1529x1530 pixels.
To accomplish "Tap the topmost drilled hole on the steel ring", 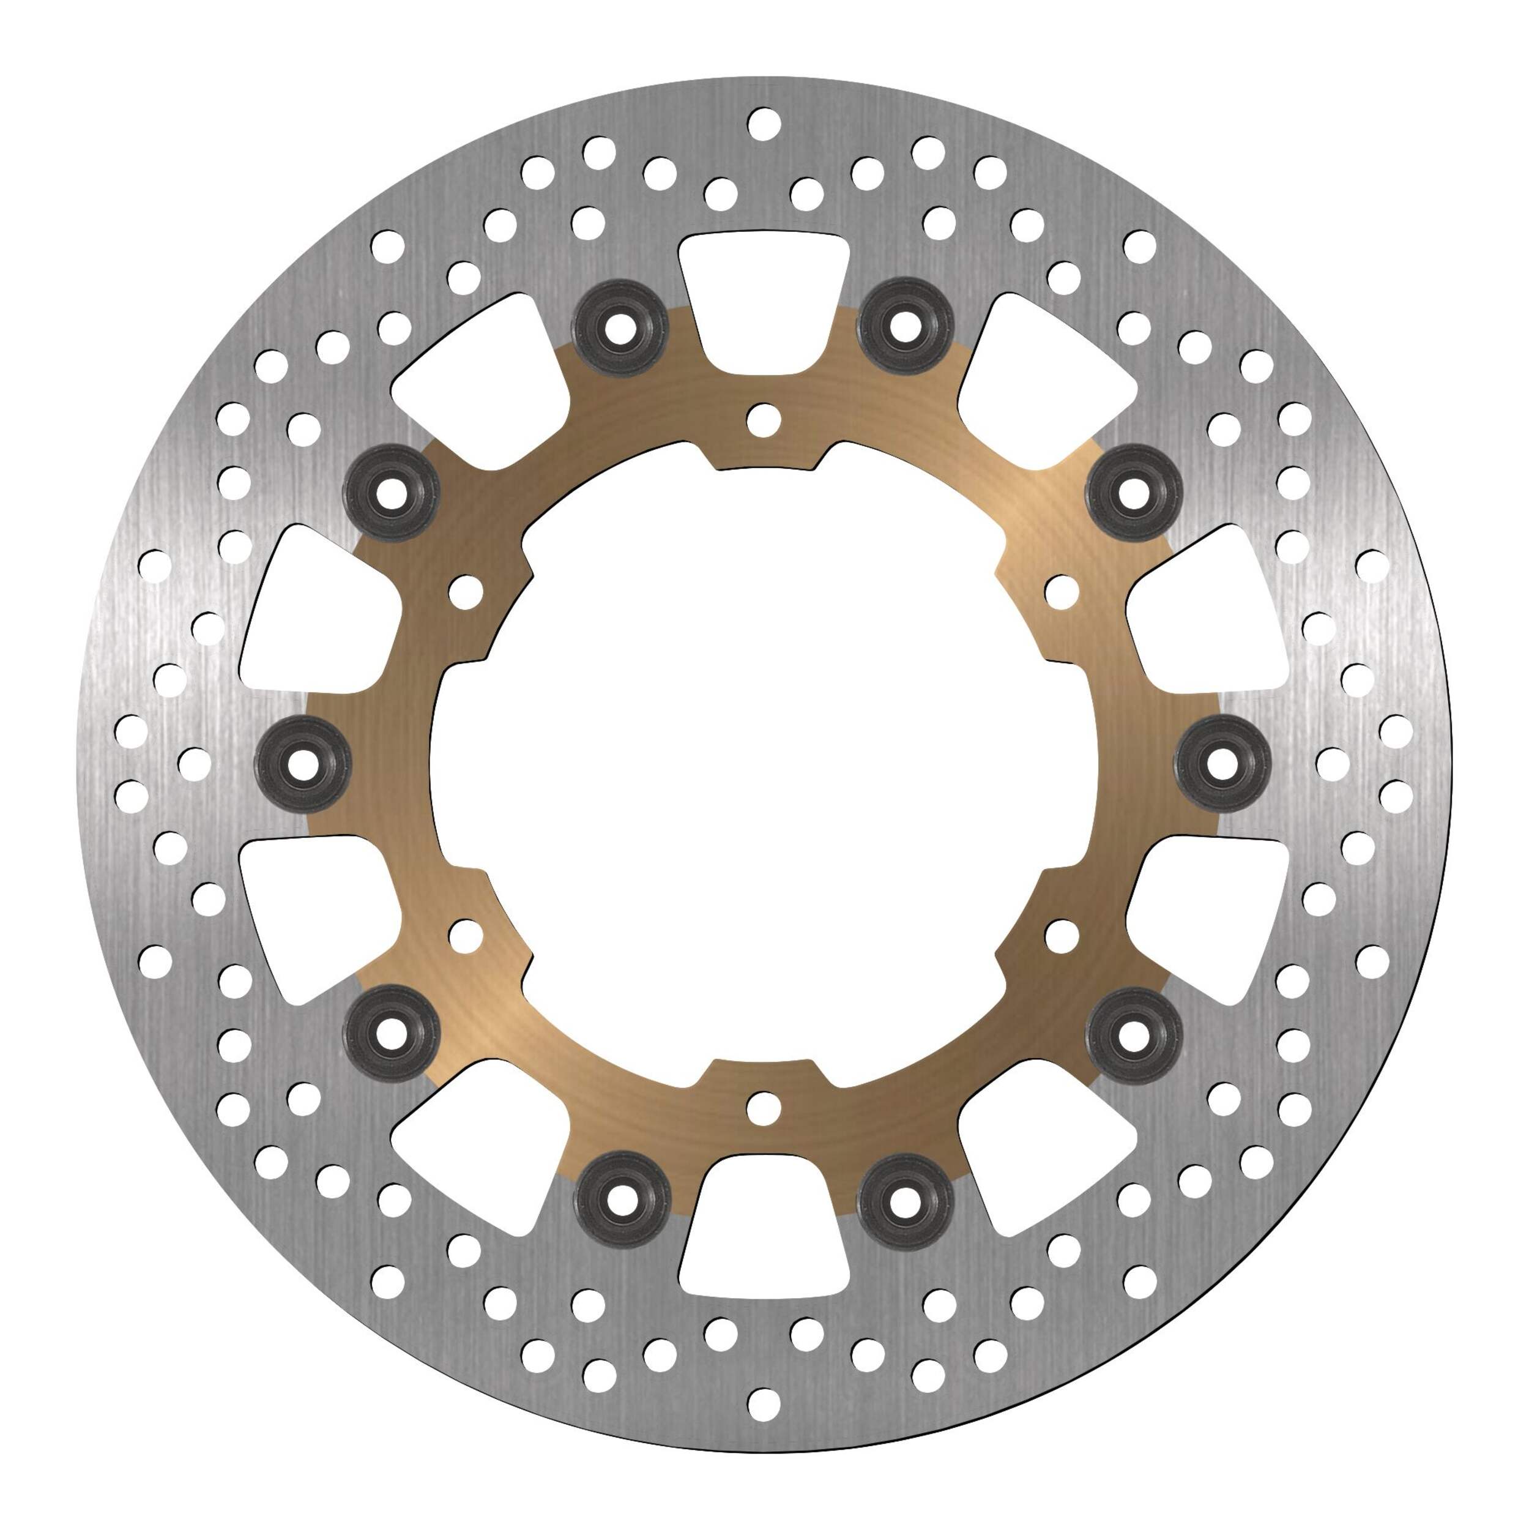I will point(764,124).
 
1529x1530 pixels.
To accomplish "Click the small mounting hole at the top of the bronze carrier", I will point(764,420).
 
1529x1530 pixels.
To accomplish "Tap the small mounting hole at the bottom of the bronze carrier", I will point(764,1107).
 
